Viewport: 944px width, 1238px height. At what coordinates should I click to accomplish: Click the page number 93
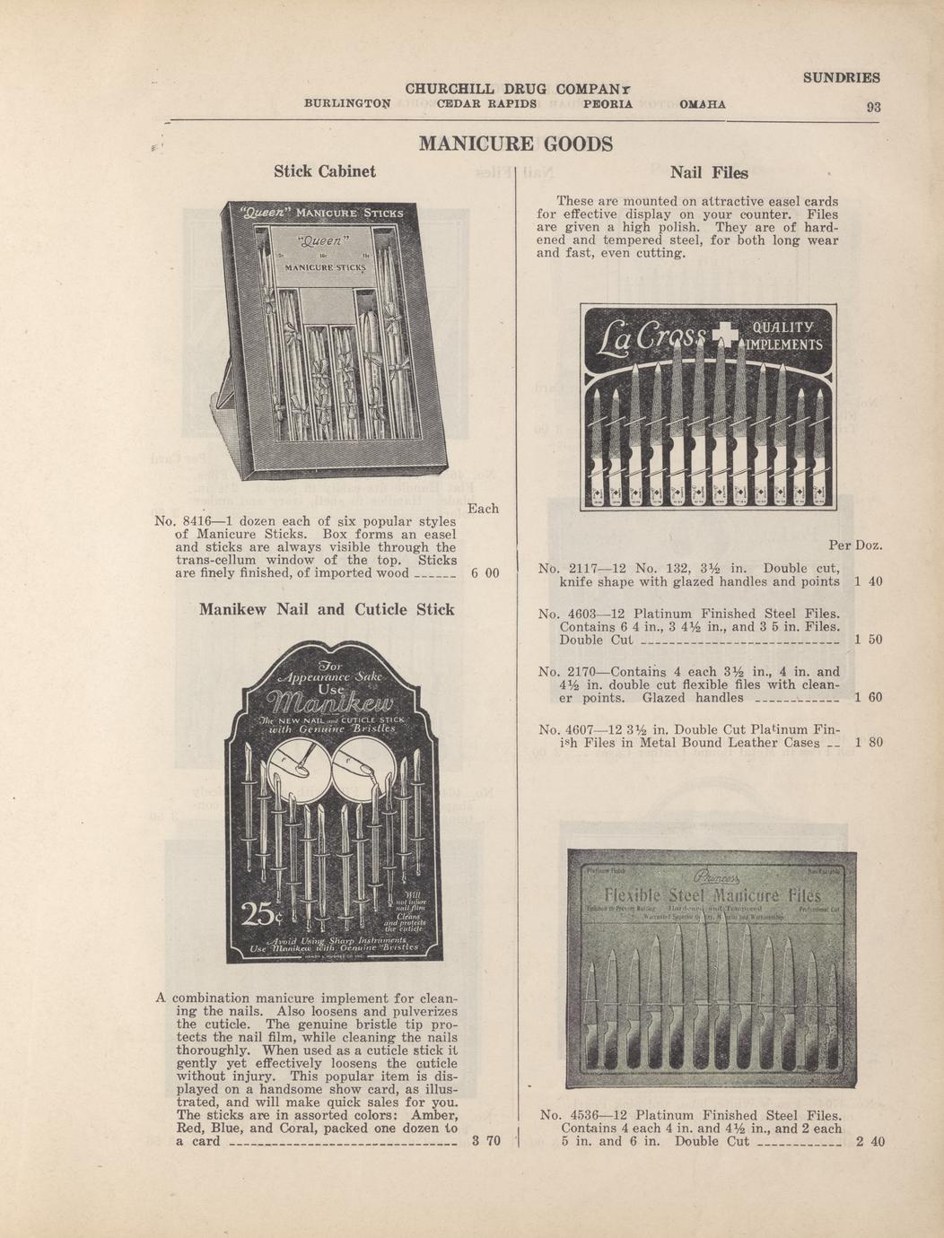click(873, 107)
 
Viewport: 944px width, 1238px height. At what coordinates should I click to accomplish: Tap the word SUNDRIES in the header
click(841, 78)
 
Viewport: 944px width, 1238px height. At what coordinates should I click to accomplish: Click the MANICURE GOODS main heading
click(516, 144)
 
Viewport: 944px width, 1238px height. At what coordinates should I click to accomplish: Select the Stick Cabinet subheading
click(324, 171)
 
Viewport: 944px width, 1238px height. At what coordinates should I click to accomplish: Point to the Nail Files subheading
click(709, 172)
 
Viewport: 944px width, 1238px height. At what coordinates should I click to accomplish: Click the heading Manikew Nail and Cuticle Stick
click(327, 610)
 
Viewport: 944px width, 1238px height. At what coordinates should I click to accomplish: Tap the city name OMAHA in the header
click(703, 104)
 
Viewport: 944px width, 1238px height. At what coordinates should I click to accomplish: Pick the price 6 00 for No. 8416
click(485, 573)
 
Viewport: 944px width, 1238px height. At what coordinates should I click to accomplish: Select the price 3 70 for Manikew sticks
click(485, 1142)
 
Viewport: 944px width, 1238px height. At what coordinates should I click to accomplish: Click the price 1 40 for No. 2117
click(868, 581)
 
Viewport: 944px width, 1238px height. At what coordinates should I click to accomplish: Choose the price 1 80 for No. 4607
click(869, 743)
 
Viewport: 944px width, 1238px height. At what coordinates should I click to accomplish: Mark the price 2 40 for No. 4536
click(870, 1142)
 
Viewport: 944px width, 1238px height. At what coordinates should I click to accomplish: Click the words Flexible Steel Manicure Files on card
click(712, 896)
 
